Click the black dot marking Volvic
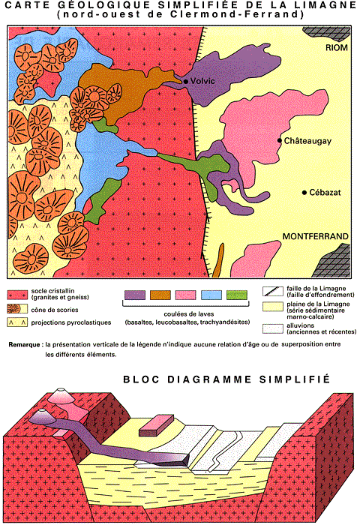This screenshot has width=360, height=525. (x=185, y=81)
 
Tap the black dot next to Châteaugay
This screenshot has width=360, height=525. (x=280, y=141)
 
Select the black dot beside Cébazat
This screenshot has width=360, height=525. (x=304, y=193)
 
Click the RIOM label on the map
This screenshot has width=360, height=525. (x=337, y=47)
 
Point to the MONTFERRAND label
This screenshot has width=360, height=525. (x=316, y=236)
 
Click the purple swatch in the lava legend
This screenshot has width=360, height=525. (x=135, y=295)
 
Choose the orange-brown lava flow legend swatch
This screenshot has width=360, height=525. (x=160, y=295)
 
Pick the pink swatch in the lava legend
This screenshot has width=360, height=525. (x=186, y=295)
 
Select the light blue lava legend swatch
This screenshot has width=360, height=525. (x=211, y=295)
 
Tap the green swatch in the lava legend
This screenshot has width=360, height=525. (x=237, y=295)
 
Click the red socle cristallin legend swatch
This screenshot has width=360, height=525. (x=17, y=295)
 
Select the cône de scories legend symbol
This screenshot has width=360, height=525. (x=17, y=309)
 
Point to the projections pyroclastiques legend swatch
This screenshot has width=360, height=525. (x=17, y=322)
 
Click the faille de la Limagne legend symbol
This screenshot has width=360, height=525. (x=273, y=291)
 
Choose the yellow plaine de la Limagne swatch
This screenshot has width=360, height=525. (x=273, y=307)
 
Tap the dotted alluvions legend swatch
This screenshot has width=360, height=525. (x=273, y=328)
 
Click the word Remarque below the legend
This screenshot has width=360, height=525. (x=25, y=344)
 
